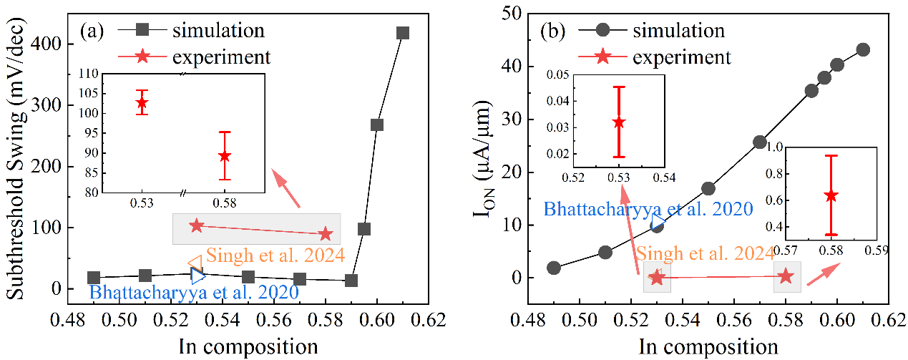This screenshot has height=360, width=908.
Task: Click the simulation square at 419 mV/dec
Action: coord(403,33)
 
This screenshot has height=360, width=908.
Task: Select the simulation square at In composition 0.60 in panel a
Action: coord(377,125)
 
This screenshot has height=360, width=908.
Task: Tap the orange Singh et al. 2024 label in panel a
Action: coord(276,255)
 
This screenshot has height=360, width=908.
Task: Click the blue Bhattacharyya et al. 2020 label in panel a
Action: coord(192,291)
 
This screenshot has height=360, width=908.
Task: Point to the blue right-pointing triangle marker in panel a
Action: coord(198,274)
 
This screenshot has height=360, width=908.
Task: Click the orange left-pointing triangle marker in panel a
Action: coord(194,263)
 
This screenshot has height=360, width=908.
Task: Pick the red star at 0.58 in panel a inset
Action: coord(225,156)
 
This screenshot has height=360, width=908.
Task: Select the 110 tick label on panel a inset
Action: coord(89,74)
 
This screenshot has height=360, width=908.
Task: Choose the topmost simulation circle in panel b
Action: coord(863,49)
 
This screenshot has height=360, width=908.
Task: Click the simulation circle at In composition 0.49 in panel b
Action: coord(554,268)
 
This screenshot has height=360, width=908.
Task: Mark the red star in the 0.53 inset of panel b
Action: coord(619,122)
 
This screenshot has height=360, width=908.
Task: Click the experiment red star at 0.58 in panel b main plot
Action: coord(786,276)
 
